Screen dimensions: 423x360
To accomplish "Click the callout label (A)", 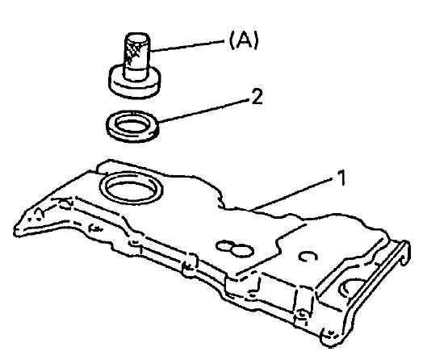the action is pyautogui.click(x=244, y=40).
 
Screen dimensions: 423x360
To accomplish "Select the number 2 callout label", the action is pyautogui.click(x=257, y=97).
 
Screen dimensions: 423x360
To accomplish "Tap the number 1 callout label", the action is pyautogui.click(x=341, y=178).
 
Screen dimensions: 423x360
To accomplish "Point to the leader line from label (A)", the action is pyautogui.click(x=187, y=46).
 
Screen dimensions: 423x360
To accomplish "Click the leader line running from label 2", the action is pyautogui.click(x=203, y=111).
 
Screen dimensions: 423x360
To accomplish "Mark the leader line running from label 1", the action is pyautogui.click(x=293, y=194).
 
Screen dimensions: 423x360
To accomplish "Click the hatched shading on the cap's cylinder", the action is pyautogui.click(x=132, y=51).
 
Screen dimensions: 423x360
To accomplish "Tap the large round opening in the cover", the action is pyautogui.click(x=131, y=187).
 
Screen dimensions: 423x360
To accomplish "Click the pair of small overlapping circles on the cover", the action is pyautogui.click(x=235, y=247).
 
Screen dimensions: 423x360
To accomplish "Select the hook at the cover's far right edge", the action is pyautogui.click(x=405, y=253).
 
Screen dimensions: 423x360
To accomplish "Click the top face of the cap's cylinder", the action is pyautogui.click(x=137, y=36).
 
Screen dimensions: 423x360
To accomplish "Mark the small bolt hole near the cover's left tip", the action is pyautogui.click(x=39, y=213).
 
